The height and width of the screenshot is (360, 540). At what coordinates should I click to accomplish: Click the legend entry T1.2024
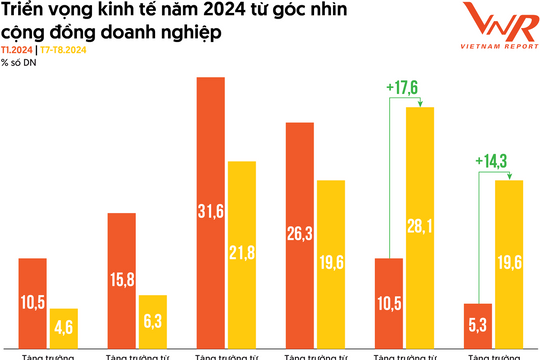[x=16, y=49]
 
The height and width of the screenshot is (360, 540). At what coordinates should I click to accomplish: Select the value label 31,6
[x=210, y=213]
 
